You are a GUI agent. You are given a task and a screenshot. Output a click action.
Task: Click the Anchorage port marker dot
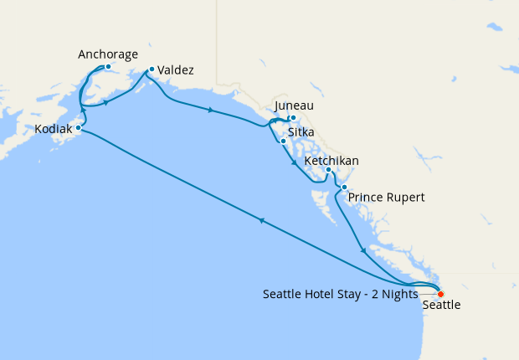pyautogui.click(x=109, y=68)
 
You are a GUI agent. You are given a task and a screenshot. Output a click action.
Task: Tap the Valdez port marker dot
pyautogui.click(x=151, y=69)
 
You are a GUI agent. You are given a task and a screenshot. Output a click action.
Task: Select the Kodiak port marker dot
pyautogui.click(x=78, y=128)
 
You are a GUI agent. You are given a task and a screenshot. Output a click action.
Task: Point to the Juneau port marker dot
pyautogui.click(x=293, y=118)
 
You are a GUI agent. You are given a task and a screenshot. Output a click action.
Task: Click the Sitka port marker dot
pyautogui.click(x=284, y=141)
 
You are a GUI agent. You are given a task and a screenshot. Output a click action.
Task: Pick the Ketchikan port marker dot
pyautogui.click(x=329, y=171)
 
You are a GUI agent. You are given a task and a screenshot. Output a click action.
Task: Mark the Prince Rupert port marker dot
pyautogui.click(x=344, y=187)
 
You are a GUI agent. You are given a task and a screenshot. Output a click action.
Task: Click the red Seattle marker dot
pyautogui.click(x=440, y=293)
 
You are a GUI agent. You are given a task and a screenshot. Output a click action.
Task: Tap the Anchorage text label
pyautogui.click(x=108, y=54)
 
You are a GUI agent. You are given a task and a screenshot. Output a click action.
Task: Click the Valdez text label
pyautogui.click(x=176, y=70)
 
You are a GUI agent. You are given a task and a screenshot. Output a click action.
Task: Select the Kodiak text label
pyautogui.click(x=53, y=130)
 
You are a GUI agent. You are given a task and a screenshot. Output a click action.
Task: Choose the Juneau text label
pyautogui.click(x=294, y=105)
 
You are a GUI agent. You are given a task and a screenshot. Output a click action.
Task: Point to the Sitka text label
pyautogui.click(x=301, y=132)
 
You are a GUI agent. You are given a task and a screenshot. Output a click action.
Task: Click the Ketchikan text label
pyautogui.click(x=332, y=160)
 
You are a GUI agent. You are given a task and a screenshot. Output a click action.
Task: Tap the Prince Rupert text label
pyautogui.click(x=387, y=198)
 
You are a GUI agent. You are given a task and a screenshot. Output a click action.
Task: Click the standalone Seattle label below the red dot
pyautogui.click(x=441, y=306)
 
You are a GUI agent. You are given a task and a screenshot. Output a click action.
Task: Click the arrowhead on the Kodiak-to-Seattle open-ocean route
pyautogui.click(x=262, y=221)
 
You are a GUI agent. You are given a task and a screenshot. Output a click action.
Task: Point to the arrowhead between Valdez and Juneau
pyautogui.click(x=209, y=110)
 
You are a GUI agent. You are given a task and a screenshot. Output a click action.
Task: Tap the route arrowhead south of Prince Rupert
pyautogui.click(x=362, y=249)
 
